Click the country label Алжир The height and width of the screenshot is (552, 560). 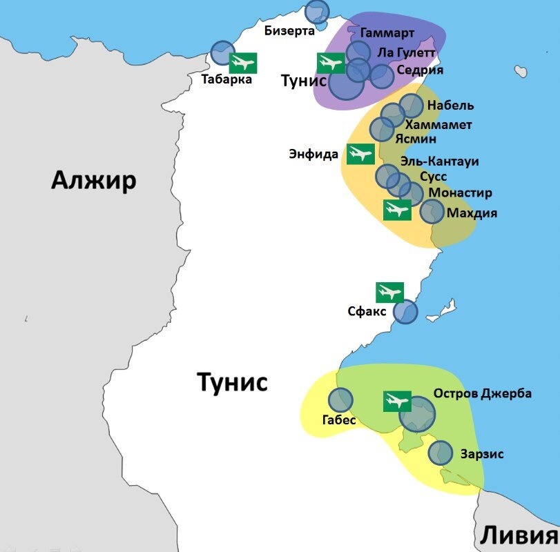[94, 181]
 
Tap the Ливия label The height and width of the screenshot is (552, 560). [519, 535]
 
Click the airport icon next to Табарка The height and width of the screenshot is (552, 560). [242, 63]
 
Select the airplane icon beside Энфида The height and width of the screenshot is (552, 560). [360, 154]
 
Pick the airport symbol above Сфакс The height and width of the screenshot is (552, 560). [389, 293]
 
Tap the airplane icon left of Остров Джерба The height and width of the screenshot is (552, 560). [397, 401]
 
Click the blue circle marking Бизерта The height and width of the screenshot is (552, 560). [317, 12]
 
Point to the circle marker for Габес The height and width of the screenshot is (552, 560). [340, 400]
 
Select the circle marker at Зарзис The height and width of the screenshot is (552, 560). [440, 453]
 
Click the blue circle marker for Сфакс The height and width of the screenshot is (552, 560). [405, 312]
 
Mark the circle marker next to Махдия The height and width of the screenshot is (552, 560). [432, 212]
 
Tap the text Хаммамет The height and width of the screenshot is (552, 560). [438, 124]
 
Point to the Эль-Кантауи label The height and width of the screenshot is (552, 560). [440, 161]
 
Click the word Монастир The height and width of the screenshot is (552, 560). [461, 193]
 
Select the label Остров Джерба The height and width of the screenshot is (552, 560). [483, 393]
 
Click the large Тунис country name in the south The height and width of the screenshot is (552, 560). [232, 382]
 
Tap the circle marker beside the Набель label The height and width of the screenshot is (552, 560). [411, 106]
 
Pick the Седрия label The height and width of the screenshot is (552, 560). [420, 70]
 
